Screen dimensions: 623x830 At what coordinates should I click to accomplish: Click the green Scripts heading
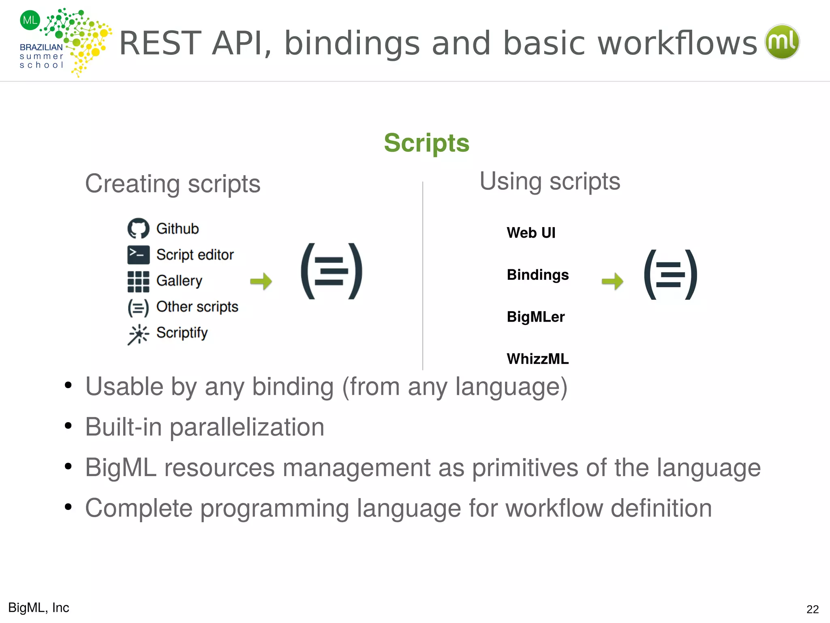pyautogui.click(x=426, y=143)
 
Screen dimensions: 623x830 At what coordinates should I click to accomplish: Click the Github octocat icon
pyautogui.click(x=138, y=229)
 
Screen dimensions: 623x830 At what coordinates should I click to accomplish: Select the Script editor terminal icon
pyautogui.click(x=138, y=255)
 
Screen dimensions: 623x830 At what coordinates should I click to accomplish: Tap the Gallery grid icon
pyautogui.click(x=138, y=281)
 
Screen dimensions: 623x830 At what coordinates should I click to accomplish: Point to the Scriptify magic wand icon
pyautogui.click(x=138, y=334)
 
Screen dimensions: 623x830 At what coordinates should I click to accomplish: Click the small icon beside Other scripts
pyautogui.click(x=138, y=307)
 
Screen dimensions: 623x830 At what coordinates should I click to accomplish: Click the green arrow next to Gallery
pyautogui.click(x=261, y=281)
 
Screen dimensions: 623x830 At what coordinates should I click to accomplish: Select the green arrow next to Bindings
pyautogui.click(x=612, y=281)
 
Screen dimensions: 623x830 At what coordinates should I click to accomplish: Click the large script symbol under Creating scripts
pyautogui.click(x=332, y=271)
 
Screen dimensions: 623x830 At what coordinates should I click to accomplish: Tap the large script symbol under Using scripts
pyautogui.click(x=671, y=275)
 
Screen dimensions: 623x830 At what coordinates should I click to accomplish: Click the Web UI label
pyautogui.click(x=531, y=233)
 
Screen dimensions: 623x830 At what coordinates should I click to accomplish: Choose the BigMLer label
pyautogui.click(x=535, y=317)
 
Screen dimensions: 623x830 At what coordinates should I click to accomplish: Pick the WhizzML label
pyautogui.click(x=537, y=359)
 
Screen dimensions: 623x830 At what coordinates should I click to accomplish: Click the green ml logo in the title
pyautogui.click(x=782, y=42)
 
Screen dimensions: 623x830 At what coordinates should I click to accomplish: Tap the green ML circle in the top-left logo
pyautogui.click(x=30, y=20)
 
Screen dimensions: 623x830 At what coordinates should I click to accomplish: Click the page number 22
pyautogui.click(x=812, y=609)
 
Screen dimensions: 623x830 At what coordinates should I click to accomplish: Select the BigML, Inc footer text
pyautogui.click(x=39, y=608)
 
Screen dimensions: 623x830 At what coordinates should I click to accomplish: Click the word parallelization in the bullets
pyautogui.click(x=247, y=427)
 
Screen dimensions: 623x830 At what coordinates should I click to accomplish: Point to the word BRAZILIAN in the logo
pyautogui.click(x=41, y=47)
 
